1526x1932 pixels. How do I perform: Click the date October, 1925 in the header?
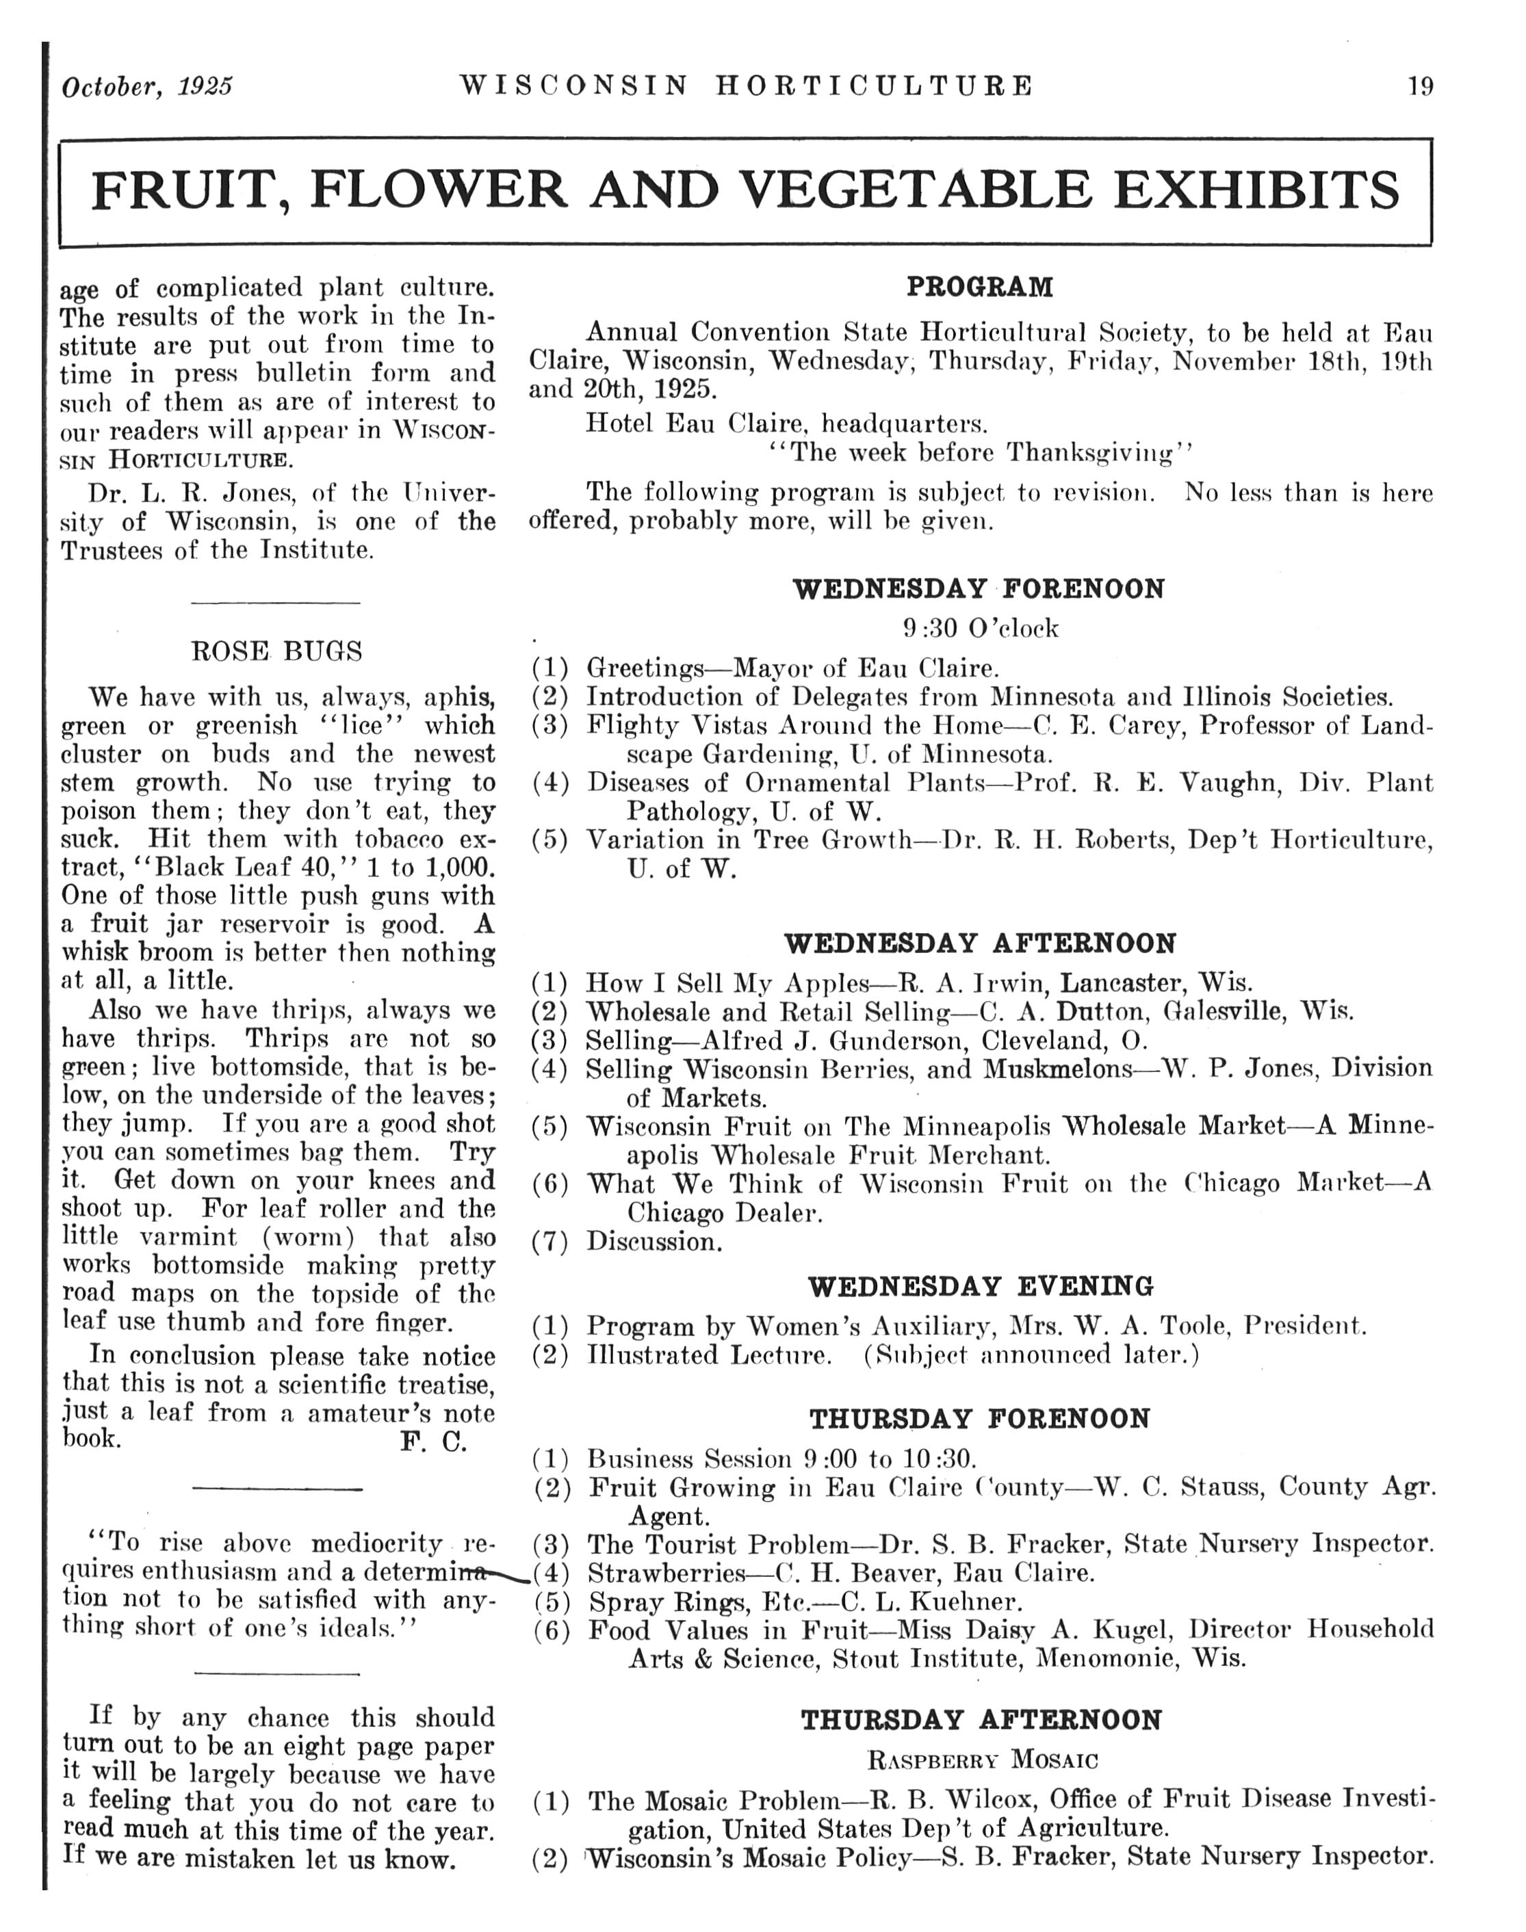(x=147, y=87)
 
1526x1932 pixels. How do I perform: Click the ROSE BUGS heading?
(x=277, y=651)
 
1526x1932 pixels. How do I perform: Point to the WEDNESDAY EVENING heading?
(x=980, y=1287)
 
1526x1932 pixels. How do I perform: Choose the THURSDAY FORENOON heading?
(x=980, y=1420)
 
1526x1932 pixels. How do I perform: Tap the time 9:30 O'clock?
(x=980, y=629)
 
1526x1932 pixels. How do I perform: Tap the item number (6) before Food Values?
(x=552, y=1631)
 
